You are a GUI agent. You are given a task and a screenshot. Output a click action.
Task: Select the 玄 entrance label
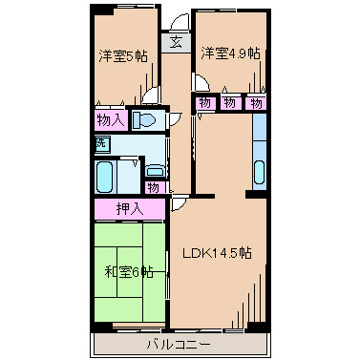click(177, 42)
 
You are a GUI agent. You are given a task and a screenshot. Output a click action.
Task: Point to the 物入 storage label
click(111, 119)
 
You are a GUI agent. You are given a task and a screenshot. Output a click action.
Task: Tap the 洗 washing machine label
click(101, 143)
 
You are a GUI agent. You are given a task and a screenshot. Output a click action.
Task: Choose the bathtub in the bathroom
click(107, 177)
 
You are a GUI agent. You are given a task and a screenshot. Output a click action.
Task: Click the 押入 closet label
click(130, 208)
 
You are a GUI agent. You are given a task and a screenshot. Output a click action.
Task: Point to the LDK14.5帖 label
click(218, 253)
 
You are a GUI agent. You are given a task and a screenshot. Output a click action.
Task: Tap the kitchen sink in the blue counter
click(260, 173)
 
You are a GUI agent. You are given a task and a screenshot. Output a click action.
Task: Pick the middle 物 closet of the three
click(230, 103)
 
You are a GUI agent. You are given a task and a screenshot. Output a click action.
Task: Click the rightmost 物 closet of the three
click(255, 103)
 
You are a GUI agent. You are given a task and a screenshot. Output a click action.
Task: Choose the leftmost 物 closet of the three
click(204, 103)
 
